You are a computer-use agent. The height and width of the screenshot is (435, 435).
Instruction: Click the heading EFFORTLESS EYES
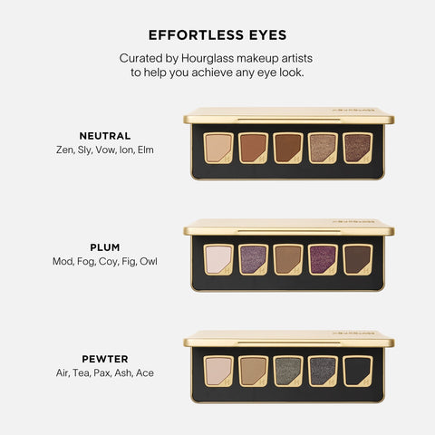tap(217, 35)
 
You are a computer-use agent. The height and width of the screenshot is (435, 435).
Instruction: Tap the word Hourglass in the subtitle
tap(211, 58)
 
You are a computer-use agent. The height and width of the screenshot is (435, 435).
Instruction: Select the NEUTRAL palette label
tap(104, 136)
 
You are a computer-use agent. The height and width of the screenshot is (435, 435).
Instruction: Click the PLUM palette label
tap(104, 246)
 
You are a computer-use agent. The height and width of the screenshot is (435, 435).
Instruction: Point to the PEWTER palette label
tap(104, 358)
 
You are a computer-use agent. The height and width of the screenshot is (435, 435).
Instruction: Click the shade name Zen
tap(64, 150)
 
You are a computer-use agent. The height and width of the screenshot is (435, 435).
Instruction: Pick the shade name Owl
tap(149, 262)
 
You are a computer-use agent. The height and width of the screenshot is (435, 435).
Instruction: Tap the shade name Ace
tap(144, 372)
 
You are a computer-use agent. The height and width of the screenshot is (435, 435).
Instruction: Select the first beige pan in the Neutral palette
tap(218, 148)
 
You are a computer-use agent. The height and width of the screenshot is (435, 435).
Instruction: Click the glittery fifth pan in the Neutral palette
tap(358, 148)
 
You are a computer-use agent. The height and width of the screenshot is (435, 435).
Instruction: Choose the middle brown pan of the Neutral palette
tap(288, 148)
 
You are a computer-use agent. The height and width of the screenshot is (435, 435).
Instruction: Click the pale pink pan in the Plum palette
tap(218, 259)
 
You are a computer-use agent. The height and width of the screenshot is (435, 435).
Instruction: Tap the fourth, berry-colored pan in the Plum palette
tap(324, 259)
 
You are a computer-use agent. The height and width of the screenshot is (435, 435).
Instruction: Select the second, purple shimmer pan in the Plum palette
tap(254, 259)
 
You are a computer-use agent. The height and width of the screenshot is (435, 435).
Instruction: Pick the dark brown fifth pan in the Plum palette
tap(358, 259)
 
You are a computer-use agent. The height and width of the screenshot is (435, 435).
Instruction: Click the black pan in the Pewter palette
tap(358, 370)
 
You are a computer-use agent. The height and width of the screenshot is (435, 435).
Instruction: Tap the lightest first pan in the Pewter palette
tap(218, 370)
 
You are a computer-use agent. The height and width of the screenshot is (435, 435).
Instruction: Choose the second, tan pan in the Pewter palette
tap(254, 370)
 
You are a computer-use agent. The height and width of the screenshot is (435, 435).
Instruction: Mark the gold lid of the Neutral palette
tap(288, 116)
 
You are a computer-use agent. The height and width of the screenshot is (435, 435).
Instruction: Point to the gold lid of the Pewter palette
tap(288, 338)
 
